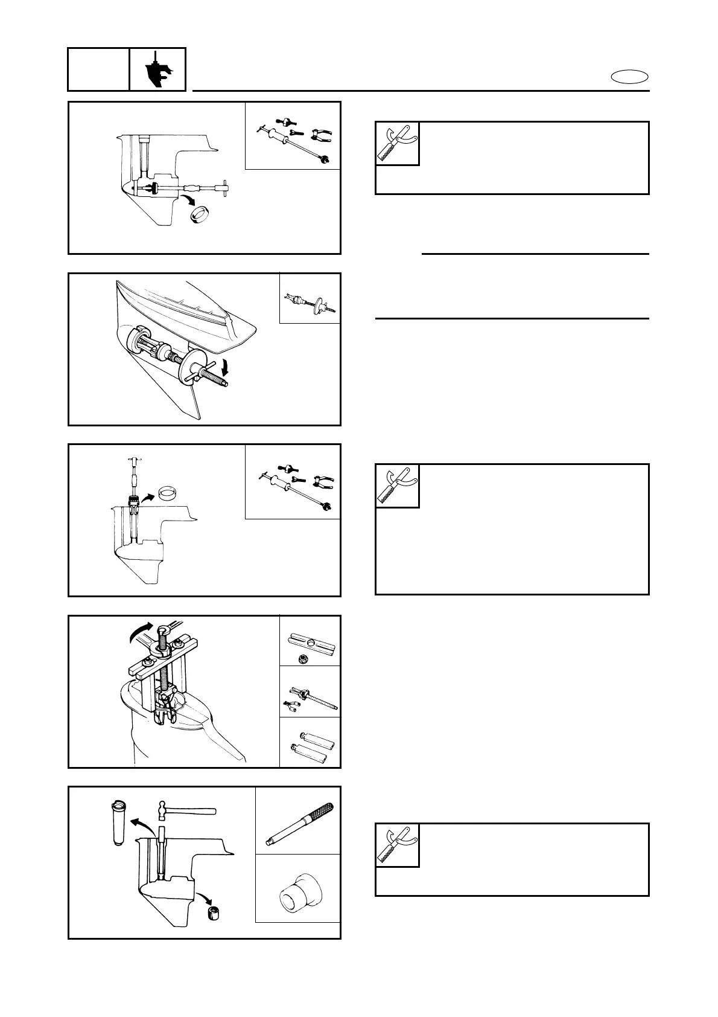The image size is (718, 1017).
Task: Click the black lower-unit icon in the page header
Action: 157,69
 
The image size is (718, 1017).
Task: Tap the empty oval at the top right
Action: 629,77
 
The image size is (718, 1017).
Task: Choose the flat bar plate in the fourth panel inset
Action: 310,640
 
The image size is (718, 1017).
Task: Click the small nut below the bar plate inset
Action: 302,659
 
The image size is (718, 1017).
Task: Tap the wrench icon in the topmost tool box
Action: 397,144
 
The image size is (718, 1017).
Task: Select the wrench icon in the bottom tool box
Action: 397,845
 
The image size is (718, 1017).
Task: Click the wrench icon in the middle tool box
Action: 397,486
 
